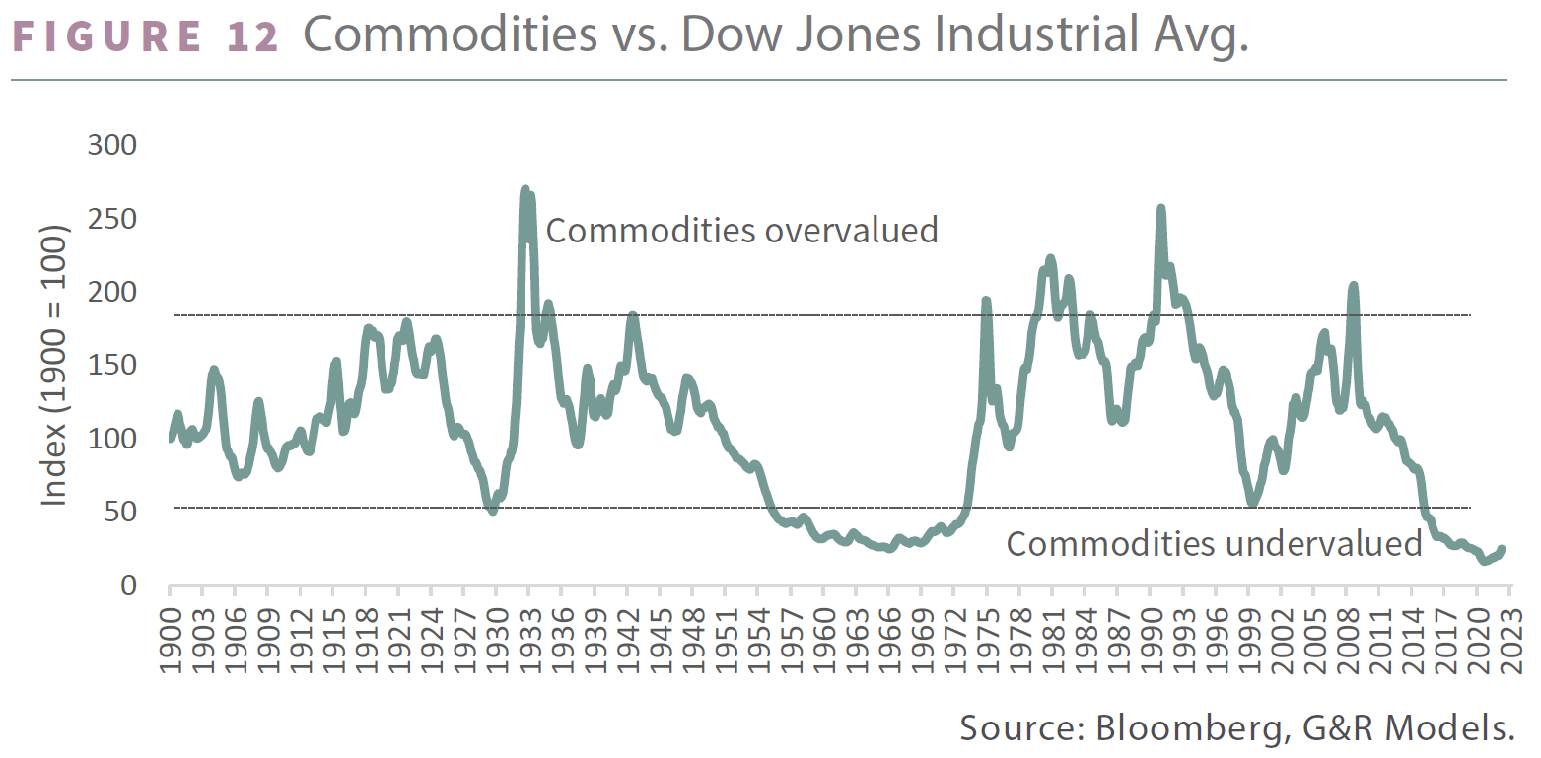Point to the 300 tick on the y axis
click(112, 145)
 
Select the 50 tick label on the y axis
click(123, 512)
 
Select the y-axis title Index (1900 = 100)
click(53, 366)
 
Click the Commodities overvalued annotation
click(741, 230)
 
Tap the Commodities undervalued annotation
click(1214, 543)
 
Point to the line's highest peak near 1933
click(525, 189)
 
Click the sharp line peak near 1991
click(1160, 209)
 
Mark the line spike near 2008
click(1353, 286)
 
